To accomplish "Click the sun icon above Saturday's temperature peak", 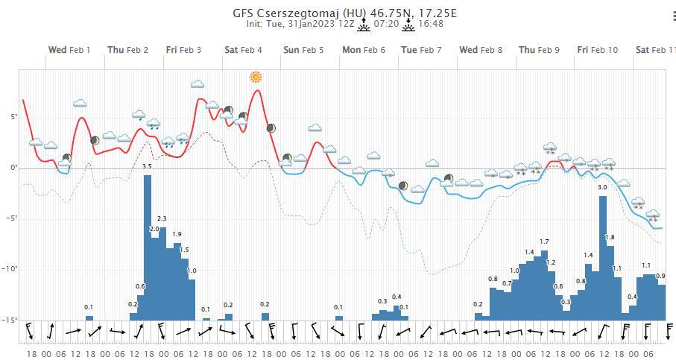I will click(256, 77).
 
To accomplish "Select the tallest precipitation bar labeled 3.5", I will click(148, 246).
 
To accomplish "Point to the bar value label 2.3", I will click(162, 218).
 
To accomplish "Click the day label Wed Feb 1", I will click(69, 50).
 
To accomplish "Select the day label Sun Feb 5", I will click(303, 50).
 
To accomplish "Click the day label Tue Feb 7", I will click(421, 50).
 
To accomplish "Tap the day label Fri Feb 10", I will click(597, 50).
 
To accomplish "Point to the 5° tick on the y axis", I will click(12, 117).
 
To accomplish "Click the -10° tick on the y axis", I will click(10, 269).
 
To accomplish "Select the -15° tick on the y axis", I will click(10, 320).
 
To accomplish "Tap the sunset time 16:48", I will click(431, 24).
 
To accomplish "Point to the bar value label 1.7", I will click(544, 241).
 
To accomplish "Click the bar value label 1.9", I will click(177, 234).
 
